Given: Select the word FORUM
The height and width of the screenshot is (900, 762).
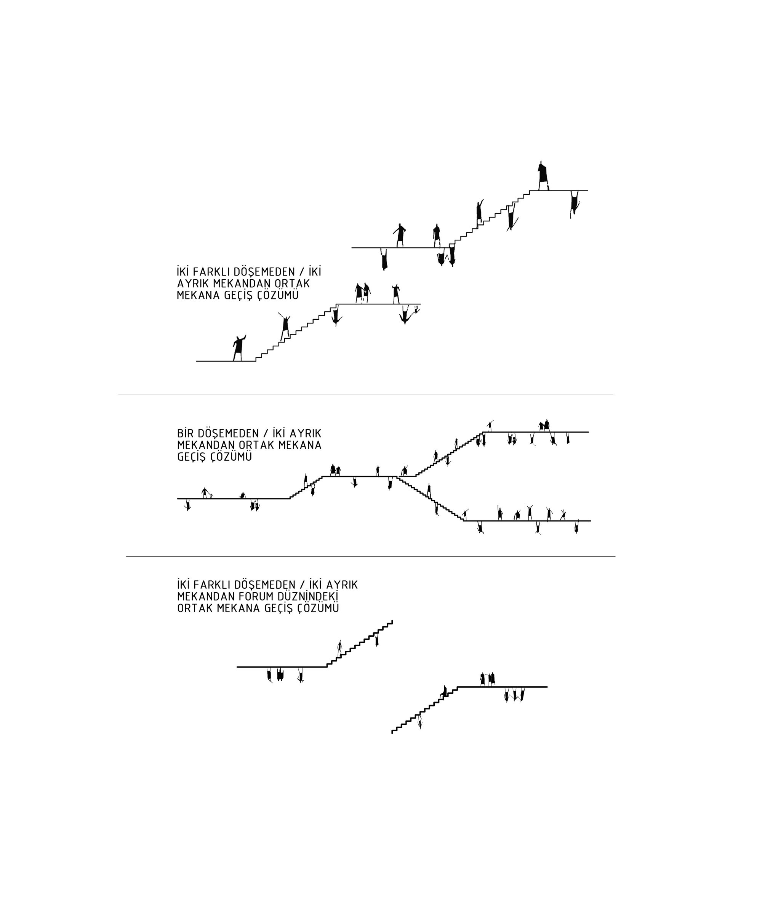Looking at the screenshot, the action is (x=238, y=596).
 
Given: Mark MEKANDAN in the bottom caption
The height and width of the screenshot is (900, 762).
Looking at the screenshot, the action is (x=199, y=596).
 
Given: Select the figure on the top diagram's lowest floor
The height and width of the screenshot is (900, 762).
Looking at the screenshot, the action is (x=239, y=348).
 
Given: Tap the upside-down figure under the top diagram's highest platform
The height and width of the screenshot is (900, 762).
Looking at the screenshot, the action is (x=574, y=204).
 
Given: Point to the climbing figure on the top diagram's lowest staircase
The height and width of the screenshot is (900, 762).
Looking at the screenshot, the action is (x=285, y=328).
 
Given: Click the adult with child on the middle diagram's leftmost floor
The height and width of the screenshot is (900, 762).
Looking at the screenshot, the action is (x=207, y=493).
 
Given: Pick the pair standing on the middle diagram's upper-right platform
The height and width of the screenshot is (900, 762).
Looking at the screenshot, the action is (x=544, y=426).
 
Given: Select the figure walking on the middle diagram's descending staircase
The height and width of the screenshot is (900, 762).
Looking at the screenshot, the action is (x=429, y=491).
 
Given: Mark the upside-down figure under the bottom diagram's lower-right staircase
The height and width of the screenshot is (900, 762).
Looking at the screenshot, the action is (x=420, y=722).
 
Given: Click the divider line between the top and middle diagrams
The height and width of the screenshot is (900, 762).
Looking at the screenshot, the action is (x=365, y=395).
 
